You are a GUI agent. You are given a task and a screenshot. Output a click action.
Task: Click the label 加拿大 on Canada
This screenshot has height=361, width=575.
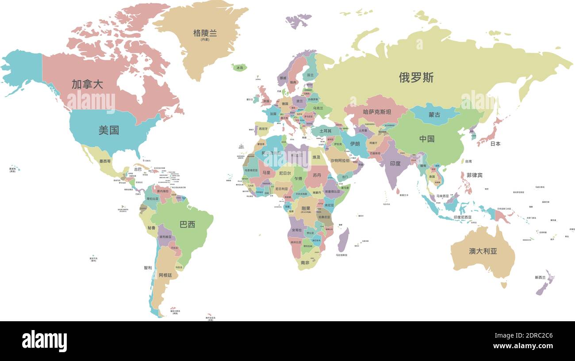click(x=87, y=84)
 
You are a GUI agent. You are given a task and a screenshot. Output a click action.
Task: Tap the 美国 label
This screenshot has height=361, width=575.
click(x=108, y=130)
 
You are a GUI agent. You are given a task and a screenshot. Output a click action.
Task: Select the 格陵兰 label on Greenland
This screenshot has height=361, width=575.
click(x=205, y=33)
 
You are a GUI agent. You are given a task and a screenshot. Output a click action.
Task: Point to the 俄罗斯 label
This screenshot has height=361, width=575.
click(x=416, y=78)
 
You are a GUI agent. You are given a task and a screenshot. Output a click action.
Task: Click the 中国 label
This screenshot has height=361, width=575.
click(x=427, y=139)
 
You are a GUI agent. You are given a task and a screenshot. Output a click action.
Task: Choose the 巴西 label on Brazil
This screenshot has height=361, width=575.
click(x=187, y=224)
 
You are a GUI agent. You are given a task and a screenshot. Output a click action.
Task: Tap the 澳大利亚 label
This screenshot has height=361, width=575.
click(x=483, y=251)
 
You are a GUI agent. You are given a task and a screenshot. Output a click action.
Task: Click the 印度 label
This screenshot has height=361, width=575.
click(x=395, y=163)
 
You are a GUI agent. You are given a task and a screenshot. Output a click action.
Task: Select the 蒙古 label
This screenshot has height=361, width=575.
click(x=434, y=115)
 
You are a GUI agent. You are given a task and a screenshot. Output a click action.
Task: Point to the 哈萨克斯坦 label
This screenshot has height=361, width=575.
click(x=377, y=112)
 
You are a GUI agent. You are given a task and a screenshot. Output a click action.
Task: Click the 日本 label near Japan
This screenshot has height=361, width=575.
click(x=495, y=144)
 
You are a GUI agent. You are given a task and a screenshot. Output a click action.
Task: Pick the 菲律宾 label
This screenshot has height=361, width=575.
click(x=474, y=175)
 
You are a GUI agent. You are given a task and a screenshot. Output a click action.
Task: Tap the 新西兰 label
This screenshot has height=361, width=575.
click(x=540, y=277)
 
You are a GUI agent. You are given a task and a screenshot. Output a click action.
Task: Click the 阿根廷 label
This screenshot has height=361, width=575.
click(x=165, y=275)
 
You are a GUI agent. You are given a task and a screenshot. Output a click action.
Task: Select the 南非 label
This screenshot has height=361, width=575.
click(x=305, y=263)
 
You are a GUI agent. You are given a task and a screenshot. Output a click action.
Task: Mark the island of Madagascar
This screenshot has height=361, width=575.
click(x=343, y=240)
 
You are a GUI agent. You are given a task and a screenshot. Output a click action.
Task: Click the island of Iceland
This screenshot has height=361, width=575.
click(x=239, y=68)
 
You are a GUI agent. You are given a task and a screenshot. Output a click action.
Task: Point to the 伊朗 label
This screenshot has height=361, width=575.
click(x=355, y=144)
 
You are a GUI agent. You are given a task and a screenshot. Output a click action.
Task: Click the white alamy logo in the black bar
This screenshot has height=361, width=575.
click(x=44, y=341)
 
